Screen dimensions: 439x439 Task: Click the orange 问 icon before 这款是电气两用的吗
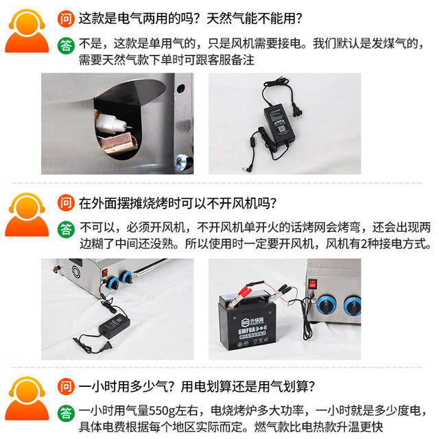66,19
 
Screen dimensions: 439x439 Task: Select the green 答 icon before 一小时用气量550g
66,413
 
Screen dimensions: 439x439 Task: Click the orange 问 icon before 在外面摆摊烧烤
66,203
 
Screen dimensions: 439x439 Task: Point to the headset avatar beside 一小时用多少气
27,399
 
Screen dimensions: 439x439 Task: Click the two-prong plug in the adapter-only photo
296,110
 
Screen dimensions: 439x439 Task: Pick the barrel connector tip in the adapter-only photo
246,169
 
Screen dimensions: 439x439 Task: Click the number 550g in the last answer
163,411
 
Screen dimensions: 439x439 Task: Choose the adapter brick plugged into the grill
115,324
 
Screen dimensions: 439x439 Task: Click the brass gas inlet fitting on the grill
57,269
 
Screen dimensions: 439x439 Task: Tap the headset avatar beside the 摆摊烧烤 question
27,215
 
